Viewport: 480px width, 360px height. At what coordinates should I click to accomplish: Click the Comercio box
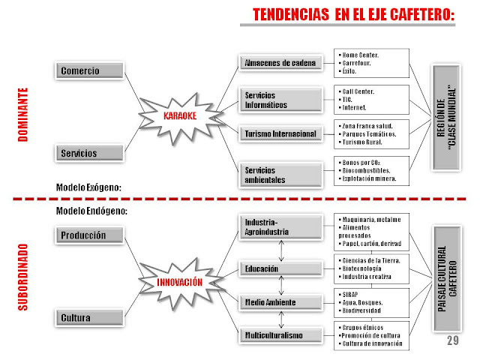[x=89, y=70]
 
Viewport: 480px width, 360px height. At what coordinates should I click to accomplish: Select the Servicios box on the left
[x=89, y=153]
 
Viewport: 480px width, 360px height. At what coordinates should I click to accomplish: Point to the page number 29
[x=452, y=341]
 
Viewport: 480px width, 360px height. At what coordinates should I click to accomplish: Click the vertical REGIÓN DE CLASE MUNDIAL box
[x=448, y=118]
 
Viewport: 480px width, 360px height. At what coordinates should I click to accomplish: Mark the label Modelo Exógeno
[x=88, y=187]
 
